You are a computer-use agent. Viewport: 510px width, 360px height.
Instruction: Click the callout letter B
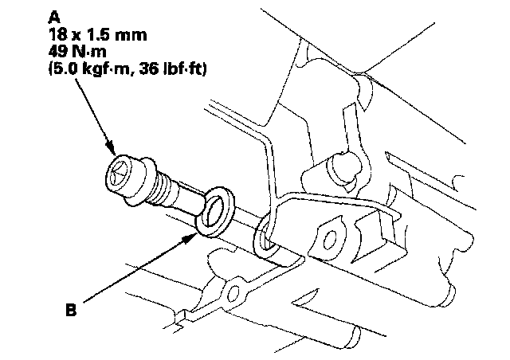(71, 307)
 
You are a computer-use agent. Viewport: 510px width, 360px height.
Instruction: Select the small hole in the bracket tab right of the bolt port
(327, 237)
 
